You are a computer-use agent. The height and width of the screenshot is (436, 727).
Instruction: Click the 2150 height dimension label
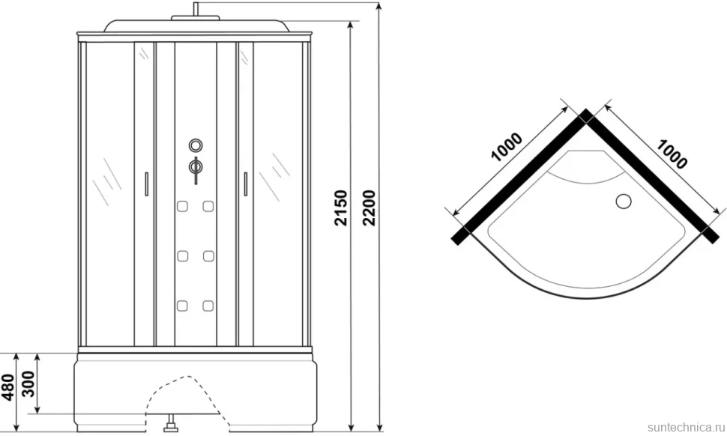[341, 208]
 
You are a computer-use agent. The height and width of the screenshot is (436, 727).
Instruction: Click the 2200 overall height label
[369, 208]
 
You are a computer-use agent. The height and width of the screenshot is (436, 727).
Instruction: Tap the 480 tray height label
[8, 387]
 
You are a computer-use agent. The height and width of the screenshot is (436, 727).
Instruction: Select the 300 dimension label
[28, 384]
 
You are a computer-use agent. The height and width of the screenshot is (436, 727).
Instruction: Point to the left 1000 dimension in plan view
[507, 148]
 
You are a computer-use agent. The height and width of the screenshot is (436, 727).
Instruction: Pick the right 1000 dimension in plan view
[672, 154]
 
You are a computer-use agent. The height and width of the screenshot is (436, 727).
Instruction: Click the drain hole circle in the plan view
[624, 201]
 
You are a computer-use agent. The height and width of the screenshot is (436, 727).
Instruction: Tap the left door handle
[146, 184]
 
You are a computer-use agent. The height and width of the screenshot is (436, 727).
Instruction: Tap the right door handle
[245, 184]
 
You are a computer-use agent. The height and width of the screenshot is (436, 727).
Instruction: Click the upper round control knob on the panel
[196, 145]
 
